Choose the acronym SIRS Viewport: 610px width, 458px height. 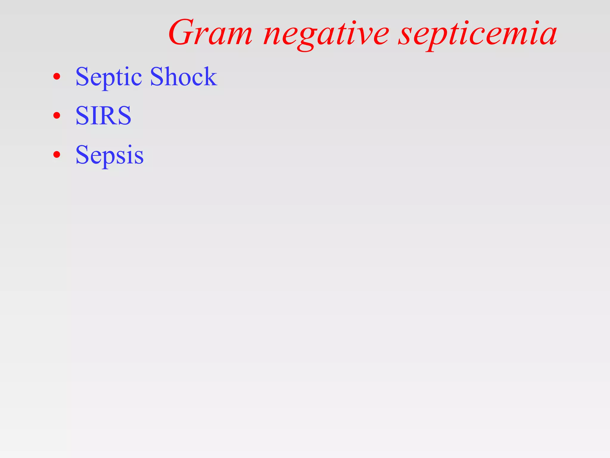(x=103, y=115)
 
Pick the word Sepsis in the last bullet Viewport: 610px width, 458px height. (x=110, y=155)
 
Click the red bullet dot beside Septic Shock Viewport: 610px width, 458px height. (x=57, y=77)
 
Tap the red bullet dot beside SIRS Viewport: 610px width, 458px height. (x=57, y=116)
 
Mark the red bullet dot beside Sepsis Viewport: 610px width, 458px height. (x=57, y=155)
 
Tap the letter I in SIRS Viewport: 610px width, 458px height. (x=93, y=115)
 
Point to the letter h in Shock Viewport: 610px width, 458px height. (x=172, y=76)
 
